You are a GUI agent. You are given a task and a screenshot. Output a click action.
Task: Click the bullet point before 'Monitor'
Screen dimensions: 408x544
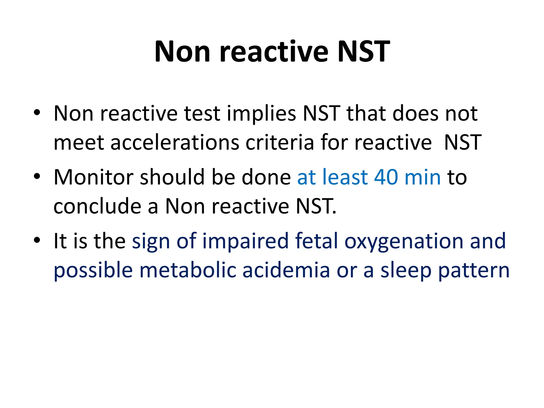click(x=37, y=176)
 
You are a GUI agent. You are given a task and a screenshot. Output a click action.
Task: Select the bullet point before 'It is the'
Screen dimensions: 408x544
click(x=37, y=240)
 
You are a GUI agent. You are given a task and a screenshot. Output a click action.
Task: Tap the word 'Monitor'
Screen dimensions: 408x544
click(x=93, y=177)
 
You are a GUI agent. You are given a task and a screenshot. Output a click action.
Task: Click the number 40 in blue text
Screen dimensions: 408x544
click(x=386, y=177)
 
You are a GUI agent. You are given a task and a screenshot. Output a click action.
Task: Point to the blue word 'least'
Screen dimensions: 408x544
click(x=345, y=177)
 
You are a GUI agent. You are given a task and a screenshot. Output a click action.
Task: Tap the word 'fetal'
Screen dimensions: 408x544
click(x=316, y=241)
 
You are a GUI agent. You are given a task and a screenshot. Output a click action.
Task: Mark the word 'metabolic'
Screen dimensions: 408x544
click(x=188, y=270)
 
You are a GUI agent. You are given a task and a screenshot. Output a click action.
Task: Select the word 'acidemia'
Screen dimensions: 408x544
click(x=286, y=270)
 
